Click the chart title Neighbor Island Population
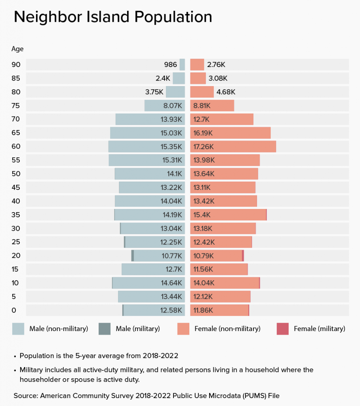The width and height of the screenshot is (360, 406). [x=113, y=17]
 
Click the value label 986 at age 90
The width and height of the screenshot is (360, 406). [x=170, y=65]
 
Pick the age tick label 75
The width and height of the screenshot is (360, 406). [x=16, y=105]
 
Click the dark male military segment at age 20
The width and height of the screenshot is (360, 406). [x=133, y=256]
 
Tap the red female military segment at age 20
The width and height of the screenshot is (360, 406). [x=243, y=256]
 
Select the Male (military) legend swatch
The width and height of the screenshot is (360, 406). [x=105, y=329]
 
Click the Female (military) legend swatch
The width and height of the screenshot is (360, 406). [x=282, y=329]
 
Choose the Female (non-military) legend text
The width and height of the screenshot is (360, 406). [x=227, y=329]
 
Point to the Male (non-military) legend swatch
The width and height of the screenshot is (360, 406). [x=18, y=329]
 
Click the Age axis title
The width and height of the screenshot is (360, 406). [x=17, y=49]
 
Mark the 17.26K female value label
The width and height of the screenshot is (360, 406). [x=204, y=147]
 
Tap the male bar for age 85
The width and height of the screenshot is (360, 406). [x=179, y=78]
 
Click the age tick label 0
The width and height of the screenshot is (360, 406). [x=14, y=310]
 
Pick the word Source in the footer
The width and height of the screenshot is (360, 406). [x=25, y=396]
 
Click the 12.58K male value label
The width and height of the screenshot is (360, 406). [x=171, y=310]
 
